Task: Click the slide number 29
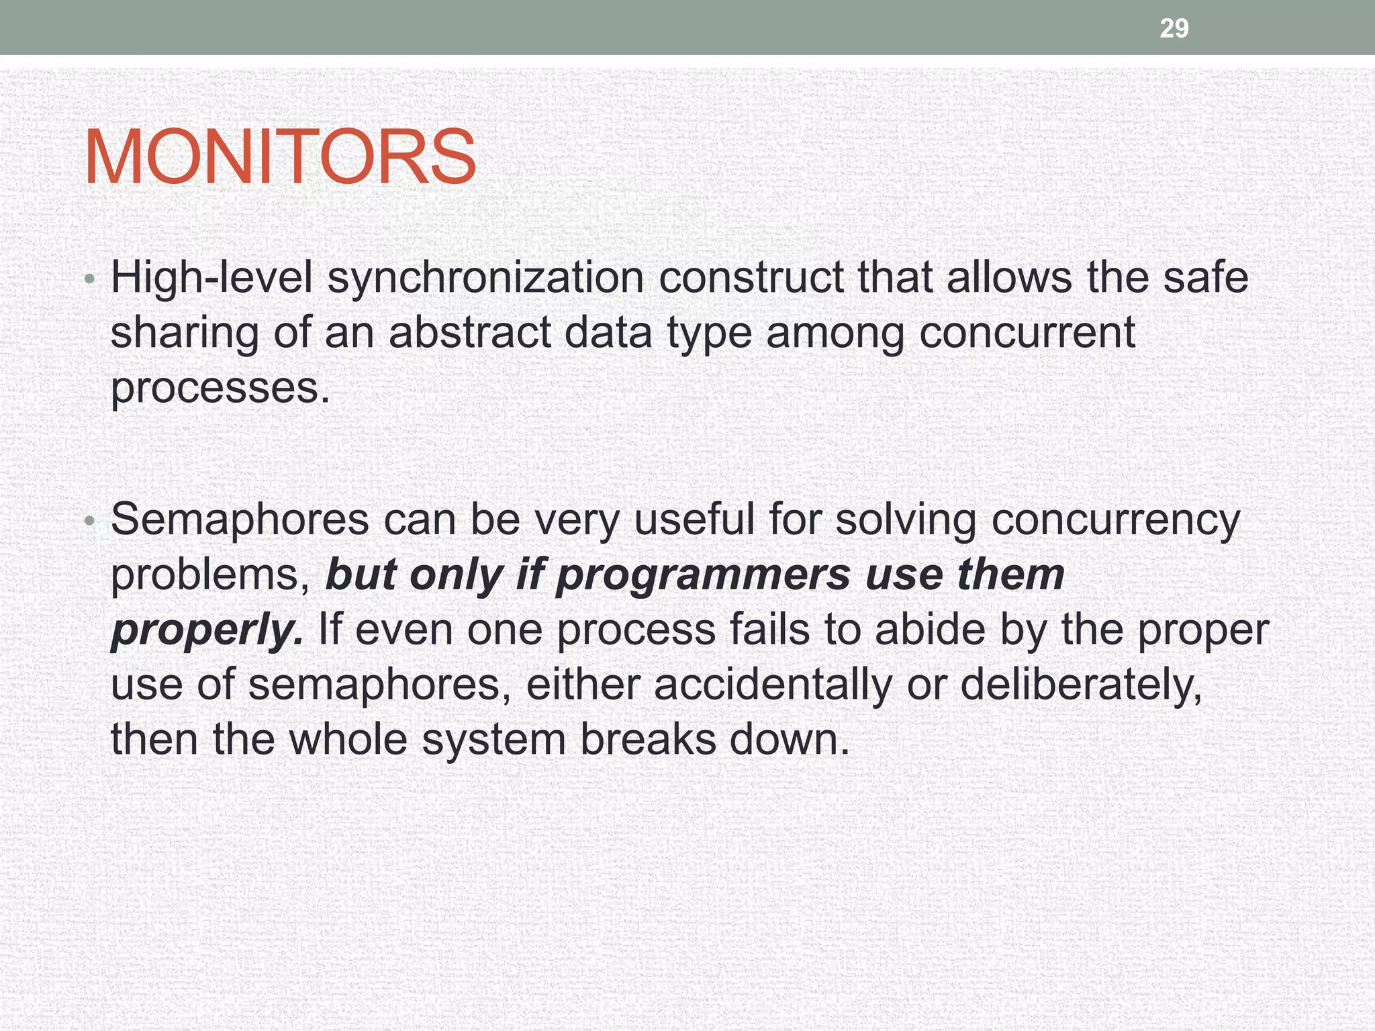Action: pyautogui.click(x=1174, y=28)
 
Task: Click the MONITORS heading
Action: pyautogui.click(x=280, y=157)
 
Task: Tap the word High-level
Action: pyautogui.click(x=211, y=277)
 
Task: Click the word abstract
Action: pyautogui.click(x=470, y=332)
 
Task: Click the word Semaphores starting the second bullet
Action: pyautogui.click(x=240, y=520)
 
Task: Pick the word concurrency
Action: pyautogui.click(x=1115, y=521)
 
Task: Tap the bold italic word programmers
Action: pyautogui.click(x=703, y=576)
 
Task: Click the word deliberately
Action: pyautogui.click(x=1081, y=685)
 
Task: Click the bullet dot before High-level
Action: pyautogui.click(x=91, y=279)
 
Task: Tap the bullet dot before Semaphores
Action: pyautogui.click(x=91, y=521)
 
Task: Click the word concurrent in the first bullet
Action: pyautogui.click(x=1027, y=332)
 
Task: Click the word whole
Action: pyautogui.click(x=348, y=740)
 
